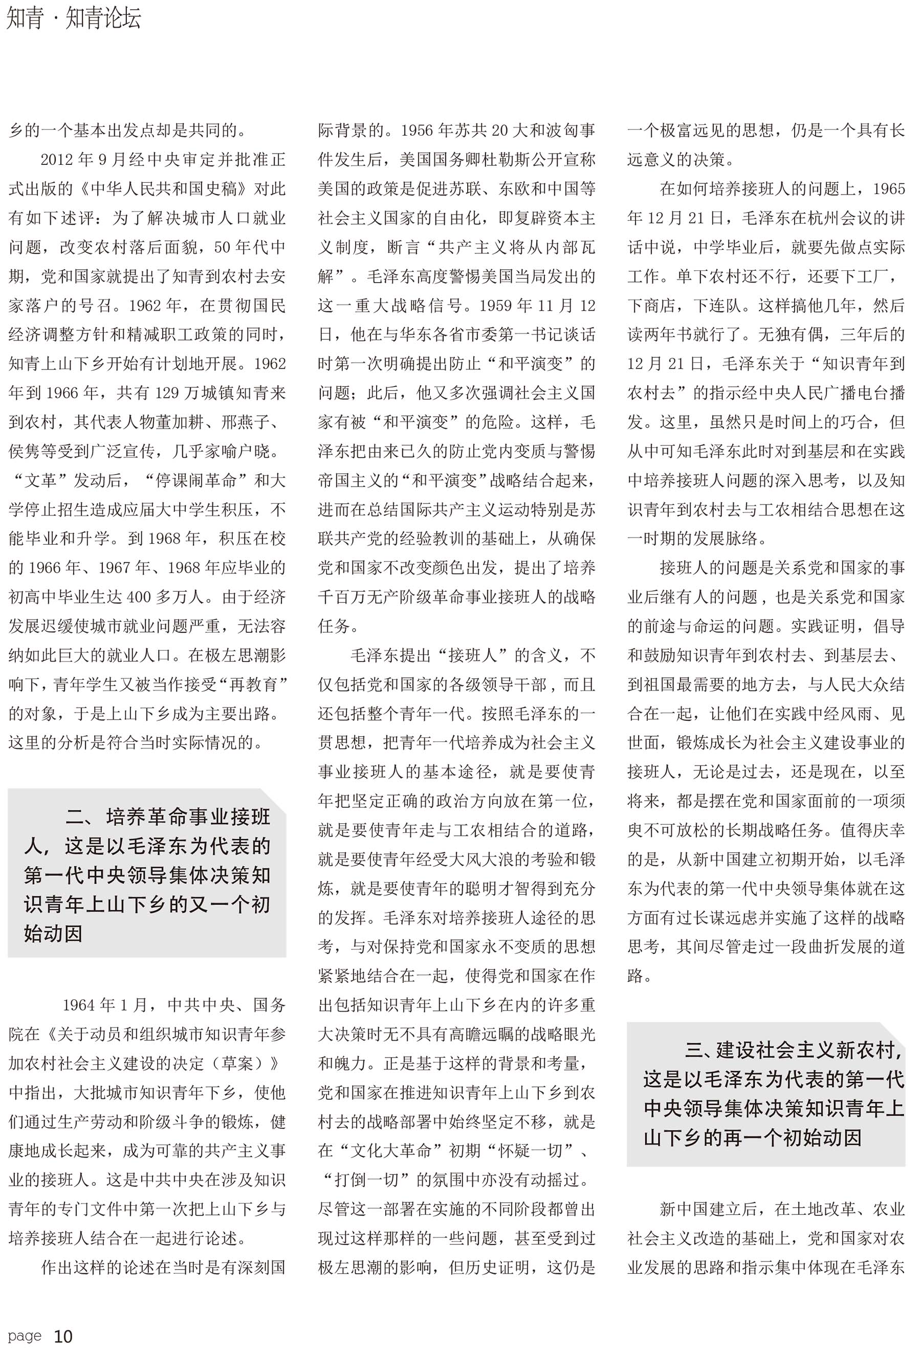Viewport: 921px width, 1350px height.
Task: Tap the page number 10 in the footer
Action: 63,1336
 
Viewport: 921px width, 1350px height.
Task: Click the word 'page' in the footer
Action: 25,1336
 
